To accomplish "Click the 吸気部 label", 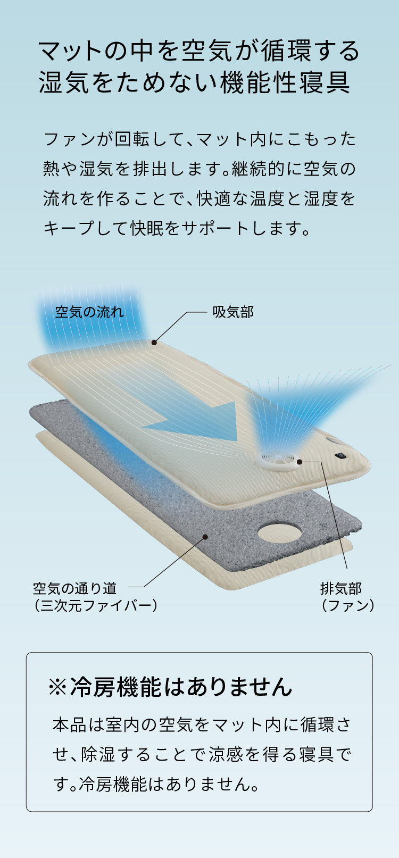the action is click(x=233, y=312).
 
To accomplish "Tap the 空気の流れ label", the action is click(x=89, y=312).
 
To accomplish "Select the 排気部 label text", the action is click(x=341, y=588).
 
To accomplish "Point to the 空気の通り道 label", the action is click(x=74, y=588).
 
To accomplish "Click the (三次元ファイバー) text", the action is click(x=95, y=605).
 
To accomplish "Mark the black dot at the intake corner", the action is click(x=154, y=343).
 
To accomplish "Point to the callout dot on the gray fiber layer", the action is click(x=205, y=537).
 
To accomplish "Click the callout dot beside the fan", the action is click(x=300, y=462).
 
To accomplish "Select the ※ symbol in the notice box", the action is click(x=58, y=687).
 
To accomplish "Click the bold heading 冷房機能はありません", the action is click(x=181, y=687).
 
